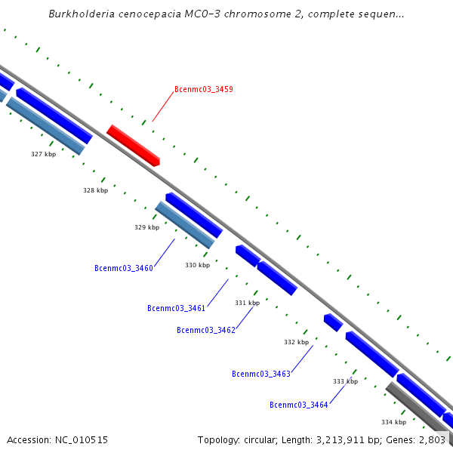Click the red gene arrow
(133, 145)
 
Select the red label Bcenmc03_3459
(203, 89)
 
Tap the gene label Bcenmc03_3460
(124, 268)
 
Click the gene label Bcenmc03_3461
(177, 308)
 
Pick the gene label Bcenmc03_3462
(206, 330)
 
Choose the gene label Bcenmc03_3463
(261, 374)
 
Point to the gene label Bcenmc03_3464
(299, 405)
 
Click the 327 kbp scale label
(43, 154)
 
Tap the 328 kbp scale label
(95, 190)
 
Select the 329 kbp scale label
(146, 227)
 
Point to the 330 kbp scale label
(197, 265)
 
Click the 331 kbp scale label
(247, 303)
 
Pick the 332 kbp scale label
(296, 342)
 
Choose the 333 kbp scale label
(345, 381)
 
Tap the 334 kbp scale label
(393, 422)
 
